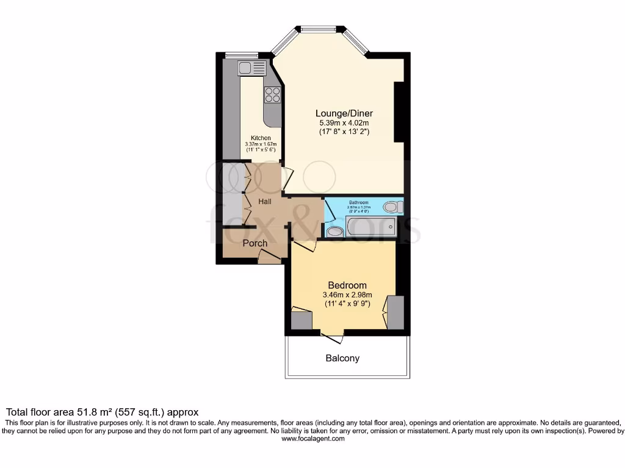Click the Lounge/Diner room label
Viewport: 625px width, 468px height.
tap(344, 113)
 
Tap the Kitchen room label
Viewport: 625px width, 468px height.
tap(261, 138)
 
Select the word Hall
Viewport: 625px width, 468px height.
tap(264, 202)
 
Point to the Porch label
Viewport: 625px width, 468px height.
tap(255, 243)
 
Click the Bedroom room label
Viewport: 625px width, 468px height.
tap(347, 285)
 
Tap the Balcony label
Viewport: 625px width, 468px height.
tap(342, 358)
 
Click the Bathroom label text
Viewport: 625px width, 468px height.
tap(358, 202)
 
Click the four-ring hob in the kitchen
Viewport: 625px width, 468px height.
tap(272, 95)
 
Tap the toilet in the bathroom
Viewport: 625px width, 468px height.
tap(394, 207)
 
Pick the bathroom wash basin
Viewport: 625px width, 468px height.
tap(335, 232)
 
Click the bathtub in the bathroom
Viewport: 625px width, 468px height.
tap(371, 228)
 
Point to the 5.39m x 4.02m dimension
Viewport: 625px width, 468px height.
tap(344, 122)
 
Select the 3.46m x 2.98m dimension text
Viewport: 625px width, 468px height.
tap(347, 296)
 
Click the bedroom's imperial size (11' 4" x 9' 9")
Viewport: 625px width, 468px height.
tap(347, 305)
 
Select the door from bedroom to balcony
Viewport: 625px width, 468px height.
tap(331, 336)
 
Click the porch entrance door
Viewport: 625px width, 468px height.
tap(269, 258)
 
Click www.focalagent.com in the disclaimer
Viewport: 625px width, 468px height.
tap(312, 439)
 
